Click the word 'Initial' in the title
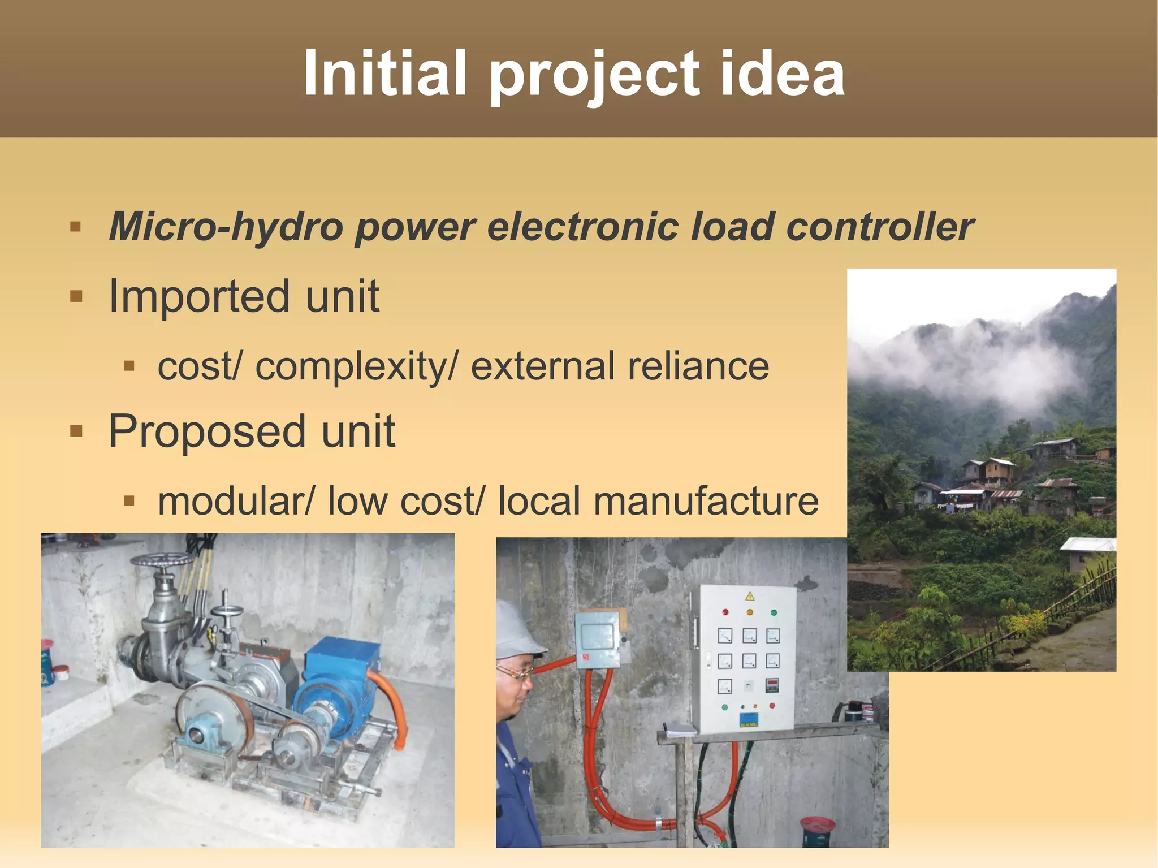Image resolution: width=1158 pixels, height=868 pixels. [x=384, y=74]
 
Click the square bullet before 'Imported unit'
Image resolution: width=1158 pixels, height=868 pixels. [x=76, y=296]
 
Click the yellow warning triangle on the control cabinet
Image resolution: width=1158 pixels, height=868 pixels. [x=750, y=596]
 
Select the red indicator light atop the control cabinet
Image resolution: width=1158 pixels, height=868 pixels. [x=725, y=612]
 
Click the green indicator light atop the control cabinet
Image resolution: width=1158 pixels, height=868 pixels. [x=774, y=612]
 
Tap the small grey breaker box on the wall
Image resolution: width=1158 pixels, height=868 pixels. [x=597, y=639]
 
